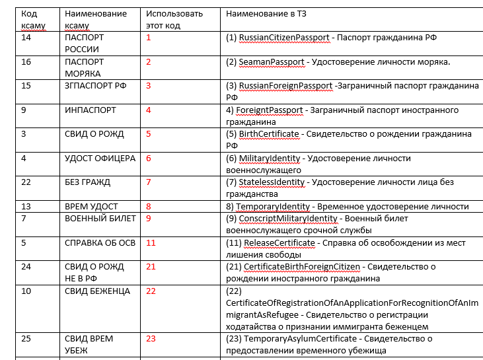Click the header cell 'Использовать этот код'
(x=166, y=19)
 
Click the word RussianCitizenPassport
(x=284, y=38)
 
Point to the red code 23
(x=151, y=339)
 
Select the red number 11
(x=151, y=242)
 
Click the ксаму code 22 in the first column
(x=26, y=182)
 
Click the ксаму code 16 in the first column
(x=26, y=61)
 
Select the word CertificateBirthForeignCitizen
(x=303, y=266)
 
